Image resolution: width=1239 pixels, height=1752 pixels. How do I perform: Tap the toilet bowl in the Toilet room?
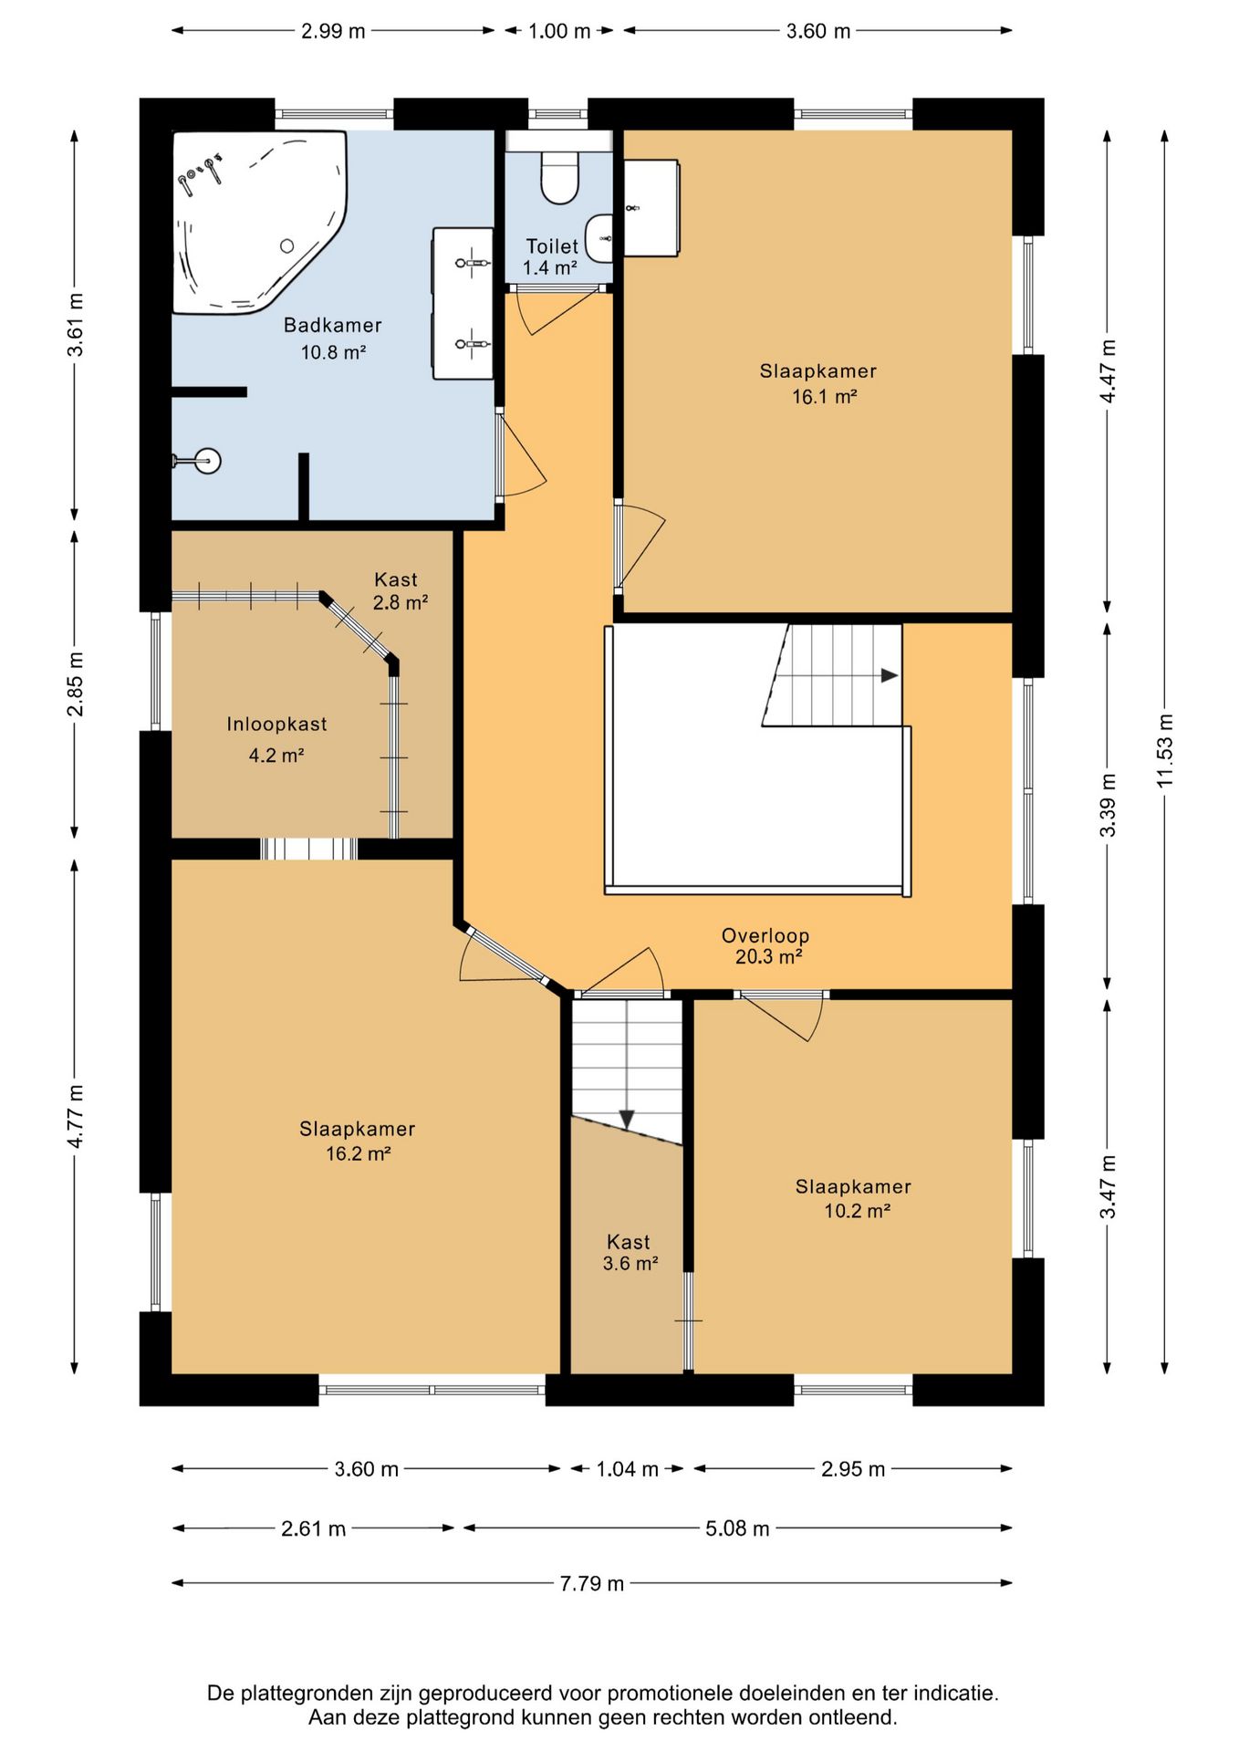click(559, 177)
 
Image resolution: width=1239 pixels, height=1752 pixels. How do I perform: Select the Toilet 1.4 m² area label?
click(551, 256)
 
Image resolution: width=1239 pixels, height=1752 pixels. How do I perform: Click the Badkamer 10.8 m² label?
click(333, 338)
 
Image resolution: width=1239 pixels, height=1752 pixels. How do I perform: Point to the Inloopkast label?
click(276, 724)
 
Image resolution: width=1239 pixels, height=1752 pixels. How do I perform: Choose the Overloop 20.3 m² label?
click(766, 945)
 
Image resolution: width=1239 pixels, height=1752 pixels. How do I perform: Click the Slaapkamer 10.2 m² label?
click(854, 1198)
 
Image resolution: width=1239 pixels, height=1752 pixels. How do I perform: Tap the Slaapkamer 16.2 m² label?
click(358, 1141)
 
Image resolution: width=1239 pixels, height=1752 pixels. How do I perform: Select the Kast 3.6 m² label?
click(630, 1252)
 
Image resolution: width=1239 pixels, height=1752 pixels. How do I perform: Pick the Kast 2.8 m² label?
click(400, 590)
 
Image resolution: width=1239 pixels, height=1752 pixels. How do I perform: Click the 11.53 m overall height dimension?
click(1165, 750)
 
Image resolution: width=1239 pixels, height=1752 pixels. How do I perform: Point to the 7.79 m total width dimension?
click(592, 1582)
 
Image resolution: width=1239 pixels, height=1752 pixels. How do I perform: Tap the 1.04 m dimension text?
click(628, 1468)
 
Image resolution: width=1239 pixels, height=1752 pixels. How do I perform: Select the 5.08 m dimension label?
click(737, 1528)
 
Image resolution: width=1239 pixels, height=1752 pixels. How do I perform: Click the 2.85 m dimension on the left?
click(75, 683)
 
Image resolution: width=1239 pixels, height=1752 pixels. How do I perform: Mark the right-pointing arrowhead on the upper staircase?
click(890, 675)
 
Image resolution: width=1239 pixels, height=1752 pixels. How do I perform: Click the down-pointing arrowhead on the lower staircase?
click(627, 1119)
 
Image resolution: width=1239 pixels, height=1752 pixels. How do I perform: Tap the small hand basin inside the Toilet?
click(599, 238)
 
